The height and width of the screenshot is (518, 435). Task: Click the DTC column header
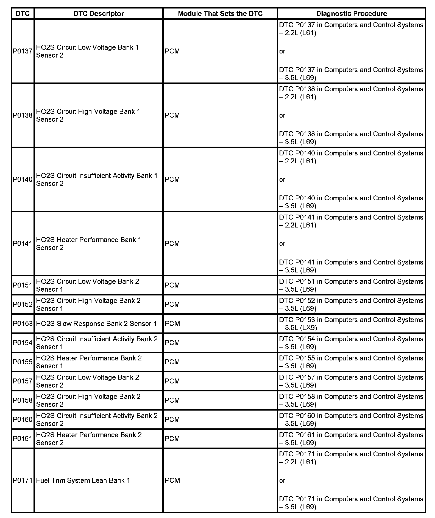23,13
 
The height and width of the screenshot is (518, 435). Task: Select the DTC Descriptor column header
99,13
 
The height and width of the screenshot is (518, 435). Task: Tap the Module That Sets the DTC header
220,13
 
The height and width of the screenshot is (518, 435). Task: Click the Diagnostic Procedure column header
352,13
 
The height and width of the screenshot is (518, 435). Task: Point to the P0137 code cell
23,51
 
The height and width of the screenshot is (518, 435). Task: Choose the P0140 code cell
23,180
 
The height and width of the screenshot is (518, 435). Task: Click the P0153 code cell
23,324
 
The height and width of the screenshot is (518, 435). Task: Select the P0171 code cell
23,480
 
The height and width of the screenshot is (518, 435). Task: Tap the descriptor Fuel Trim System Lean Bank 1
83,480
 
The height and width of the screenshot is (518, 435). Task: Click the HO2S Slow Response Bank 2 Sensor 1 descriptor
96,324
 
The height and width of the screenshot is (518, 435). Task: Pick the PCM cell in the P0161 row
172,439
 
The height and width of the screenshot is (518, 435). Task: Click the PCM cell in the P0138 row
172,115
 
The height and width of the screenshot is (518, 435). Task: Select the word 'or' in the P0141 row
282,244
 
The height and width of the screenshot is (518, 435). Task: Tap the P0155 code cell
23,362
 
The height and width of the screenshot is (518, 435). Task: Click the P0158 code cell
23,400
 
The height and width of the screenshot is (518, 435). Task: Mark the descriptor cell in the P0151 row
88,285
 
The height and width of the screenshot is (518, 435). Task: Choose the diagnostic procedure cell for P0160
351,420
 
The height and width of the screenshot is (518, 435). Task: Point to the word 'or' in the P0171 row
282,480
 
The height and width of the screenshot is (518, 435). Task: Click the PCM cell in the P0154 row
172,343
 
